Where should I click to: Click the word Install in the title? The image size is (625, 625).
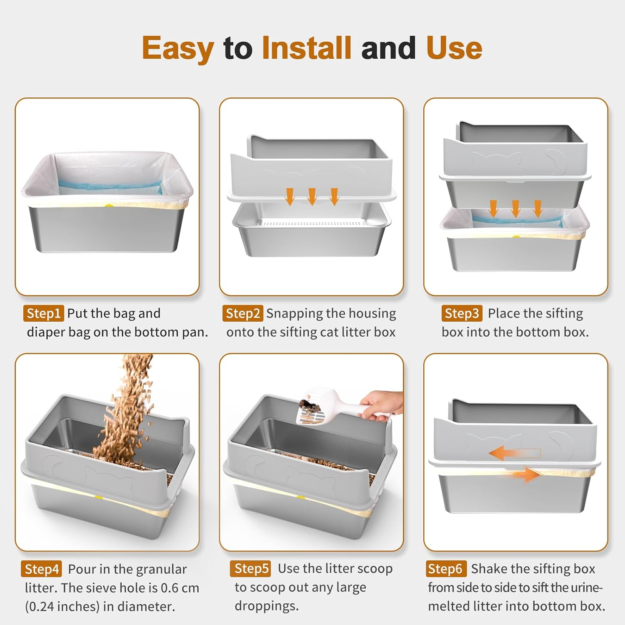point(307,48)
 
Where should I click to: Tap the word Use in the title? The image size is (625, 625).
point(454,48)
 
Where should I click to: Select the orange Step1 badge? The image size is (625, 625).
point(43,313)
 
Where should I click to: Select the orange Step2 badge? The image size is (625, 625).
point(242,313)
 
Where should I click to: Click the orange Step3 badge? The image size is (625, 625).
point(462,313)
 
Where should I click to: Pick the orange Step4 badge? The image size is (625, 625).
point(41,569)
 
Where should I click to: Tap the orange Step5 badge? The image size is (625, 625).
point(250,568)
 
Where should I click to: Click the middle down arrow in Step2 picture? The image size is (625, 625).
point(312,196)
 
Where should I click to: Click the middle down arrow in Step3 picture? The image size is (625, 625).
point(515,208)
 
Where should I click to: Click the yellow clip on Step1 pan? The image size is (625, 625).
point(109,205)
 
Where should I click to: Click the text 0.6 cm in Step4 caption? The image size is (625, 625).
point(180,588)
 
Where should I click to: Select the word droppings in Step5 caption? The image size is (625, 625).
point(267,606)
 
